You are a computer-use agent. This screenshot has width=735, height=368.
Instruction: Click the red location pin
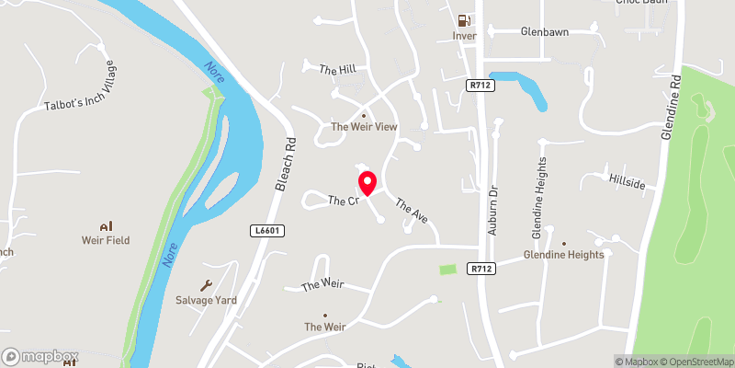367,182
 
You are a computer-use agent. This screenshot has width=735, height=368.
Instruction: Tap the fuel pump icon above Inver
464,20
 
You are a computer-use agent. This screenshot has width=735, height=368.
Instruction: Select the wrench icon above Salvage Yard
206,284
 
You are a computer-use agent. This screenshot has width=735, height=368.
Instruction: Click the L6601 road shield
266,231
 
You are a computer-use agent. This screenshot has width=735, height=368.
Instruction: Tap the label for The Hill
336,69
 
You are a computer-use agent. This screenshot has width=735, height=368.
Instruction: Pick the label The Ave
412,209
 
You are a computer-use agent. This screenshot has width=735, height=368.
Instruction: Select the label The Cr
342,201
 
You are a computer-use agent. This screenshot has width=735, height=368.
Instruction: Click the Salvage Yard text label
206,300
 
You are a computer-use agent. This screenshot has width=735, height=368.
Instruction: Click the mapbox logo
40,355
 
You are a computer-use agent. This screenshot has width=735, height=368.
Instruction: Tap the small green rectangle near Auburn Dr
447,270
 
